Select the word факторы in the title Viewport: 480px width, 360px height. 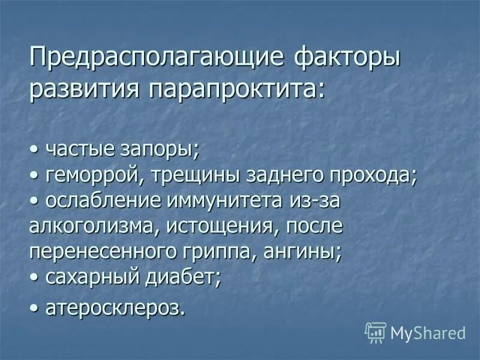(x=349, y=59)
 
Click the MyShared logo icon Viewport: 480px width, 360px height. (x=376, y=331)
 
